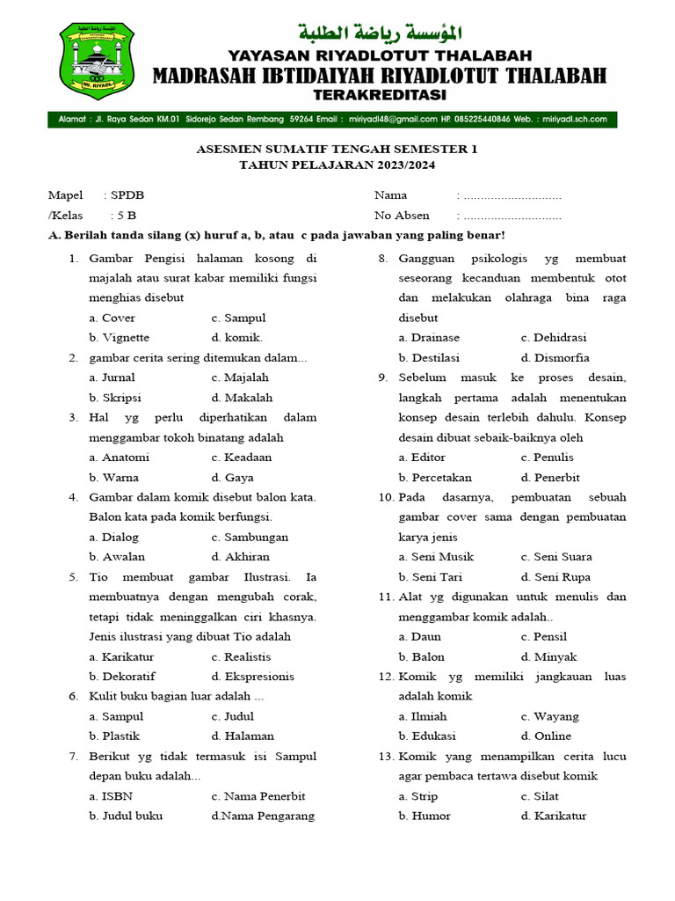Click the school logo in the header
click(x=98, y=62)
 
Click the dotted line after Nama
click(x=512, y=195)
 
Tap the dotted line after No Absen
click(x=512, y=216)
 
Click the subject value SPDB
click(x=128, y=195)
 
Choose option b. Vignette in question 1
click(x=119, y=338)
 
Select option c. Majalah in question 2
click(x=241, y=377)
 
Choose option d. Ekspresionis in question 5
click(x=252, y=677)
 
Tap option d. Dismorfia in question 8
click(x=555, y=358)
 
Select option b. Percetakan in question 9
click(x=435, y=478)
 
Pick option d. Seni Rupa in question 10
click(x=555, y=577)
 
